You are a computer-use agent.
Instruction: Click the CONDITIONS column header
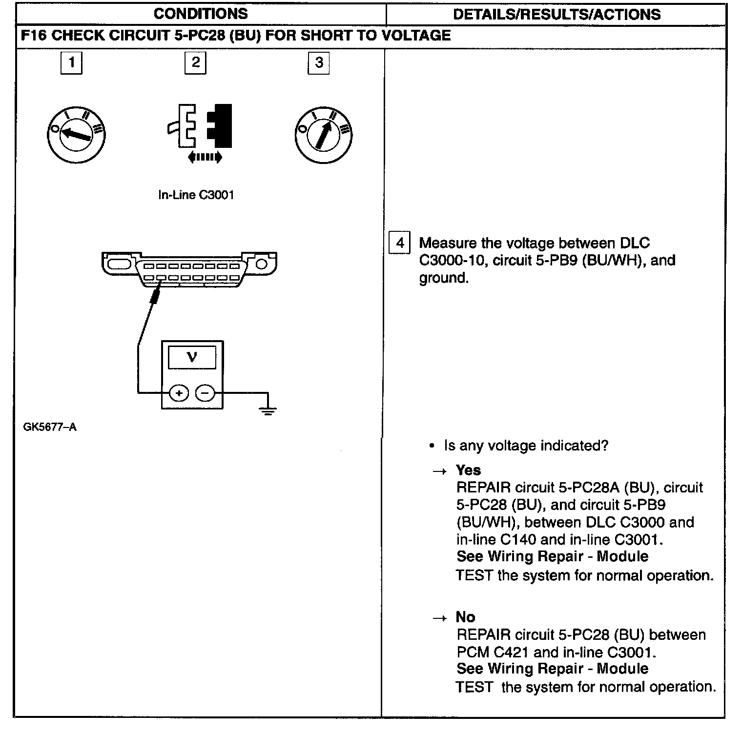[x=201, y=14]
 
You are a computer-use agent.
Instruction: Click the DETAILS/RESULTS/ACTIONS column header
[x=556, y=14]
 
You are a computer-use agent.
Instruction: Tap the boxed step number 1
[x=72, y=63]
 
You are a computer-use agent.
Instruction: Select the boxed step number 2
[x=195, y=63]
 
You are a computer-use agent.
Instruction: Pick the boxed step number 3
[x=319, y=63]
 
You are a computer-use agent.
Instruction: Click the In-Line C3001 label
[x=196, y=195]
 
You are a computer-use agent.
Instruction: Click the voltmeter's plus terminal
[x=179, y=393]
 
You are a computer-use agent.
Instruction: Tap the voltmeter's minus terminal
[x=205, y=393]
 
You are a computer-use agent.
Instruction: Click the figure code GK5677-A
[x=50, y=428]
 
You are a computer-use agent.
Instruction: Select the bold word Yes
[x=468, y=470]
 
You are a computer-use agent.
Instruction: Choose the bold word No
[x=465, y=617]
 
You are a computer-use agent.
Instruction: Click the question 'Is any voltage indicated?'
[x=526, y=446]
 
